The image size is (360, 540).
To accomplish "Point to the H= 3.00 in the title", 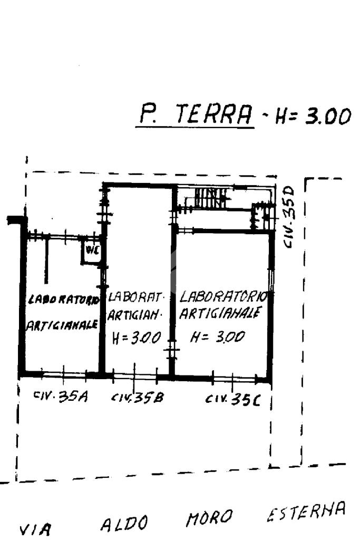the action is (x=311, y=117).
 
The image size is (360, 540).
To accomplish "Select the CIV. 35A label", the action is (x=60, y=397).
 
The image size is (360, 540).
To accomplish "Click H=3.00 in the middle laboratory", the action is (x=135, y=338).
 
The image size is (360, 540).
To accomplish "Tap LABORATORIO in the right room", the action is (x=223, y=296).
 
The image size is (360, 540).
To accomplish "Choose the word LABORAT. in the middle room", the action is (x=137, y=297).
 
